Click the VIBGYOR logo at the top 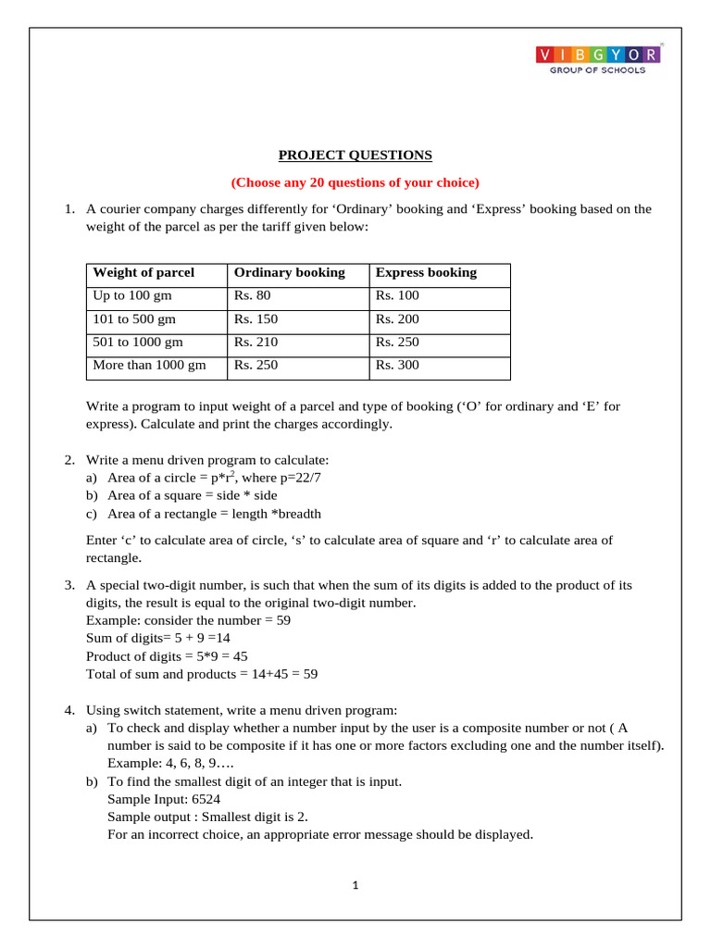pyautogui.click(x=599, y=55)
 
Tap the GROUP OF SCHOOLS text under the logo pyautogui.click(x=599, y=70)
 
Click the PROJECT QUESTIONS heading pyautogui.click(x=355, y=155)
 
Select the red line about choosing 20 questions pyautogui.click(x=355, y=181)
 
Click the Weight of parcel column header pyautogui.click(x=143, y=272)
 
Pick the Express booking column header pyautogui.click(x=426, y=272)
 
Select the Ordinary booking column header pyautogui.click(x=289, y=272)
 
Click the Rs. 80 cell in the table pyautogui.click(x=253, y=296)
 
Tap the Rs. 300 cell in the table pyautogui.click(x=397, y=365)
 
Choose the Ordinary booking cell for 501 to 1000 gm pyautogui.click(x=256, y=343)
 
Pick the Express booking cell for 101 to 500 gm pyautogui.click(x=397, y=319)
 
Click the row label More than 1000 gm pyautogui.click(x=149, y=365)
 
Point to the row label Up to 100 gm pyautogui.click(x=132, y=296)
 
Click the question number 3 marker pyautogui.click(x=69, y=585)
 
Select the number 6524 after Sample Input pyautogui.click(x=203, y=799)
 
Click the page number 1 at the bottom pyautogui.click(x=355, y=885)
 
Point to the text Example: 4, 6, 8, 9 pyautogui.click(x=171, y=764)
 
